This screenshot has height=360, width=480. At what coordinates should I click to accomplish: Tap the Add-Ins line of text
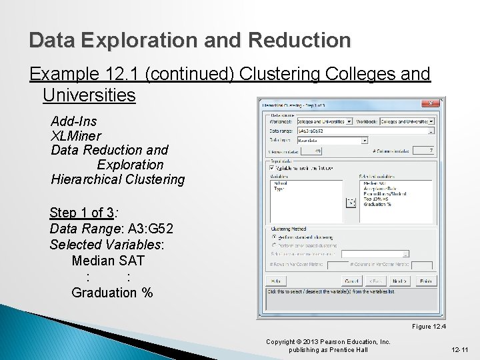[x=73, y=121]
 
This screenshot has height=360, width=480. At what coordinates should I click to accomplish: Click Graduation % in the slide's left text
[x=112, y=293]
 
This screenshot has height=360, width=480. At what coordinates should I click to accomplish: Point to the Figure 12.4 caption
[x=429, y=326]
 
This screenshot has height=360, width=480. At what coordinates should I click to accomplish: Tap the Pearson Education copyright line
[x=328, y=342]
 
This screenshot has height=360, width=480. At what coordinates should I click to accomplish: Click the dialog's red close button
[x=431, y=103]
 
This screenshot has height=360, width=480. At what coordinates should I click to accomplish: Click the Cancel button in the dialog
[x=351, y=281]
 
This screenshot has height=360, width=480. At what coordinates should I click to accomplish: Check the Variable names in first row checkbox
[x=272, y=168]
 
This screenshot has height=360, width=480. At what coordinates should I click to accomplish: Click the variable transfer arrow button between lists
[x=351, y=202]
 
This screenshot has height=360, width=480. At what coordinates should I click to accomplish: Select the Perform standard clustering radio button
[x=273, y=236]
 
